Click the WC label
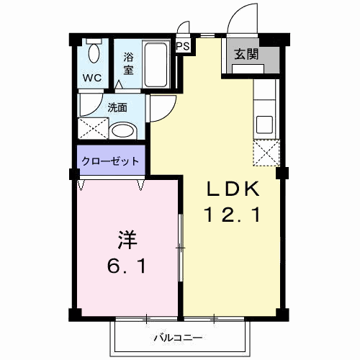[91, 76]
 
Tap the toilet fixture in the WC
[94, 52]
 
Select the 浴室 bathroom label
[129, 63]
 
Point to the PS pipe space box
[184, 47]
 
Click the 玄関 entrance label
[246, 53]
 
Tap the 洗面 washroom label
[117, 108]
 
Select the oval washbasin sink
[125, 131]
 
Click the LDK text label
[233, 191]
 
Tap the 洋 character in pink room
[123, 238]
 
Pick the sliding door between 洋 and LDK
[180, 248]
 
